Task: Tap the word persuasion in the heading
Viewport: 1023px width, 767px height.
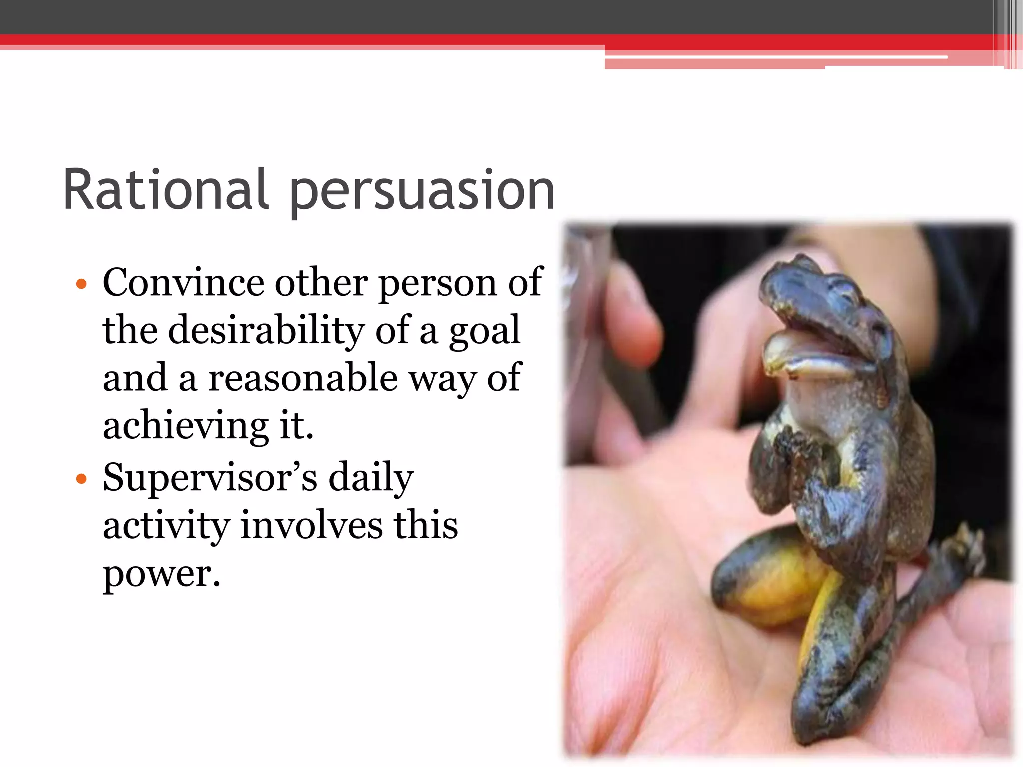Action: click(x=422, y=192)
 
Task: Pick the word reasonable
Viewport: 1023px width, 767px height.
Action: click(x=303, y=378)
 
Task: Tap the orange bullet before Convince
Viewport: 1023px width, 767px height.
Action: click(x=81, y=285)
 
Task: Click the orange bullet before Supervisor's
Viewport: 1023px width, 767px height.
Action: click(x=81, y=480)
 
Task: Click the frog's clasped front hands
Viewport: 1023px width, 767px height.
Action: click(x=794, y=449)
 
